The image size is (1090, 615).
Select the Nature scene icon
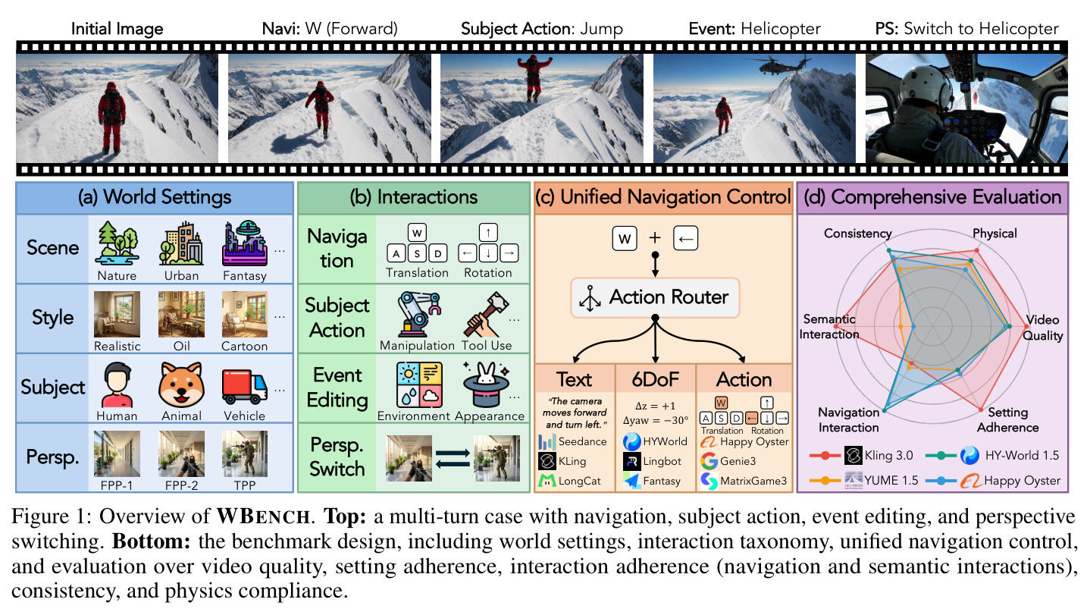pyautogui.click(x=117, y=243)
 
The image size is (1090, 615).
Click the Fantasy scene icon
pyautogui.click(x=245, y=243)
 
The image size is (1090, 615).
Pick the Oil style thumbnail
pyautogui.click(x=181, y=314)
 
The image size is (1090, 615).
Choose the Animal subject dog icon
pyautogui.click(x=181, y=384)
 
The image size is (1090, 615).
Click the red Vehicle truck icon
pyautogui.click(x=245, y=386)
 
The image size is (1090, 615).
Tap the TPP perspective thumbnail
pyautogui.click(x=245, y=453)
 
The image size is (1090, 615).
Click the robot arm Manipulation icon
pyautogui.click(x=418, y=314)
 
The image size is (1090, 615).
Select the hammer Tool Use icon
pyautogui.click(x=486, y=314)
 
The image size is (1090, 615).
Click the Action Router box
pyautogui.click(x=655, y=297)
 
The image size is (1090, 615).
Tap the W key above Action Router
pyautogui.click(x=625, y=238)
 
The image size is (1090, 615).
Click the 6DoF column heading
pyautogui.click(x=656, y=379)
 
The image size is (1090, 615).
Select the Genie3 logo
pyautogui.click(x=709, y=460)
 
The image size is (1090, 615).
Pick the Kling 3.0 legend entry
pyautogui.click(x=861, y=455)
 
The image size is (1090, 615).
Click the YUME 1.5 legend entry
pyautogui.click(x=863, y=480)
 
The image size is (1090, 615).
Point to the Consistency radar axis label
pyautogui.click(x=858, y=234)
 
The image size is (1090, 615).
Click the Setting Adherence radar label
pyautogui.click(x=1008, y=420)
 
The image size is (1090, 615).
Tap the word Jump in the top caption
pyautogui.click(x=601, y=30)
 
